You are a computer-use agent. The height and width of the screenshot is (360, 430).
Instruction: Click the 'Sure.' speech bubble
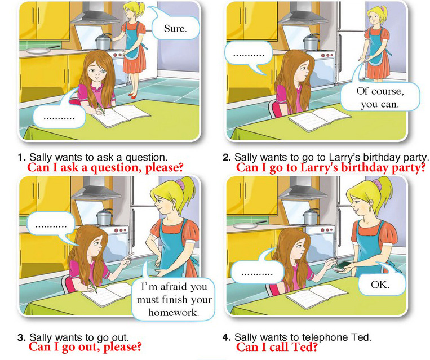click(x=175, y=28)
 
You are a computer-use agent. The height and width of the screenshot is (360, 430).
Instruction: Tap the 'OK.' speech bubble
click(x=380, y=284)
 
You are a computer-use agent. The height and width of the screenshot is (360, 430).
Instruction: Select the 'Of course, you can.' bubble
click(x=380, y=97)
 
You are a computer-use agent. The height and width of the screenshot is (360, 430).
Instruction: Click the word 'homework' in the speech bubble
click(x=174, y=312)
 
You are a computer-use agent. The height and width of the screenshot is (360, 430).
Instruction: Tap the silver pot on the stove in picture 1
click(x=104, y=42)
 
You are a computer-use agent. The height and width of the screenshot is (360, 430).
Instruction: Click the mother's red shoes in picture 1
click(x=133, y=95)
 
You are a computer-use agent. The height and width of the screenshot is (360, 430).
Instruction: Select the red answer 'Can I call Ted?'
click(x=276, y=347)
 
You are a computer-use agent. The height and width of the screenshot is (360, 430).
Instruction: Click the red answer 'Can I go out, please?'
click(x=85, y=346)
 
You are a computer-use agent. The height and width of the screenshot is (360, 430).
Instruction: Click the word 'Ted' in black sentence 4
click(x=362, y=337)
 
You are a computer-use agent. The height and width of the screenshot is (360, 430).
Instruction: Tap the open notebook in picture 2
click(x=320, y=119)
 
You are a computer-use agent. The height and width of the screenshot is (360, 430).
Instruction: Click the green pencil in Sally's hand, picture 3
click(x=92, y=286)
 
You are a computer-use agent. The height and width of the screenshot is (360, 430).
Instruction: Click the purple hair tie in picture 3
click(x=180, y=185)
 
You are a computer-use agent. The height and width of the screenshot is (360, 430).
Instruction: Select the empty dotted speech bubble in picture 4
click(x=257, y=272)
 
